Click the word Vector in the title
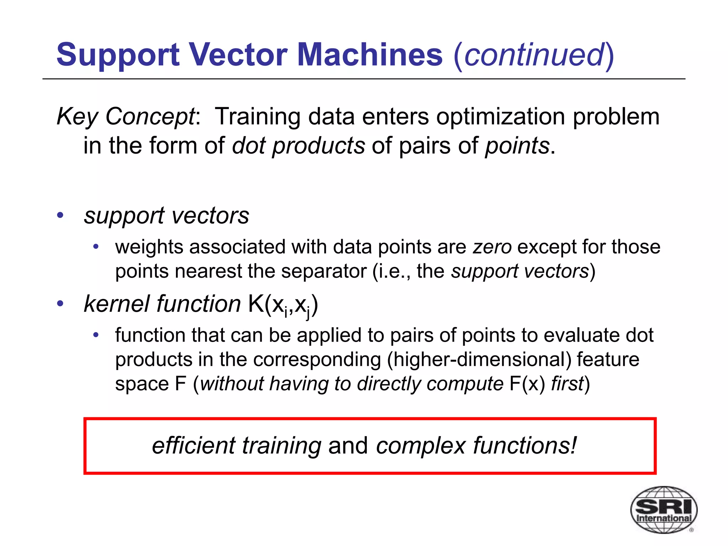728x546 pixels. click(238, 55)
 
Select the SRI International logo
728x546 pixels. click(663, 509)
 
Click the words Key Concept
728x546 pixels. click(126, 117)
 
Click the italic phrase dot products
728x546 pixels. click(298, 146)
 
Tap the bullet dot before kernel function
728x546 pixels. click(60, 304)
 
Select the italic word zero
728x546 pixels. click(492, 247)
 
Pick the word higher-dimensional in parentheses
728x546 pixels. click(479, 359)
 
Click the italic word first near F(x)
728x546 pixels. click(567, 384)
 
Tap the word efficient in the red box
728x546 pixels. click(194, 446)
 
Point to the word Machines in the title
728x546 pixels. click(370, 55)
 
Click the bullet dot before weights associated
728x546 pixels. click(96, 247)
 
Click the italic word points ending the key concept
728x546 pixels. click(517, 146)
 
